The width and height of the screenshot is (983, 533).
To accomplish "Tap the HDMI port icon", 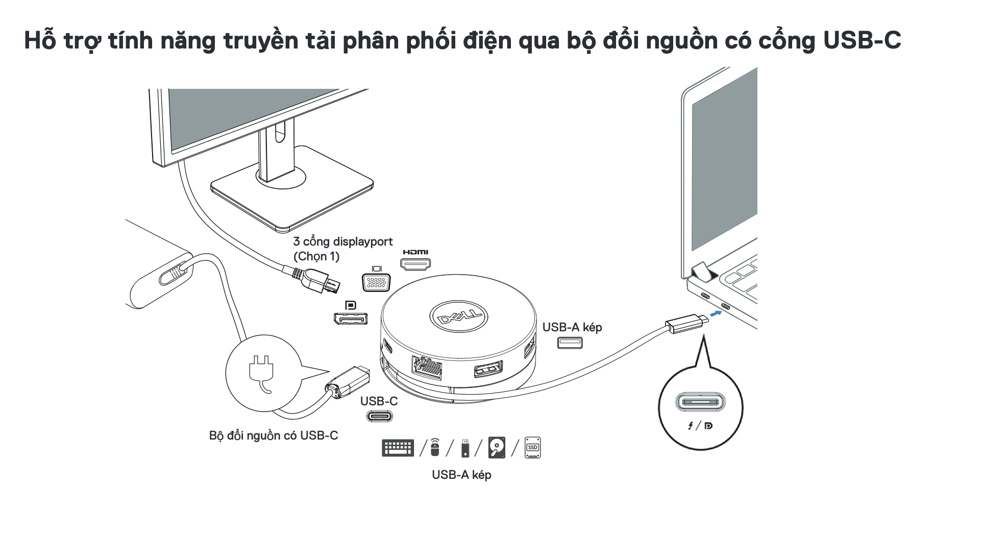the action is tap(415, 264).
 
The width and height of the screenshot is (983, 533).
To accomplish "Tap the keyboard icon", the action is tap(398, 448).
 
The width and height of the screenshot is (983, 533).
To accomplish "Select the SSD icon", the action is tap(532, 447).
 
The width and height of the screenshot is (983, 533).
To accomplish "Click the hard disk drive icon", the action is tap(497, 447).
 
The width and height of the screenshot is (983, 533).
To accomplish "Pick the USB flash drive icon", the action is tap(465, 448).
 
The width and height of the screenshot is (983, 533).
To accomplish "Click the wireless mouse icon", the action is tap(434, 447).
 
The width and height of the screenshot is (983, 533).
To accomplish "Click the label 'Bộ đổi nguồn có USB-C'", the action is tap(274, 435).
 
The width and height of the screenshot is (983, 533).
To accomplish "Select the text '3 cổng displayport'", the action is tap(343, 241).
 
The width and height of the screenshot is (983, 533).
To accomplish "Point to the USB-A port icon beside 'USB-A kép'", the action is tap(570, 342).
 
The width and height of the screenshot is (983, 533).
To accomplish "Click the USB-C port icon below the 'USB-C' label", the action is tap(379, 416).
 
